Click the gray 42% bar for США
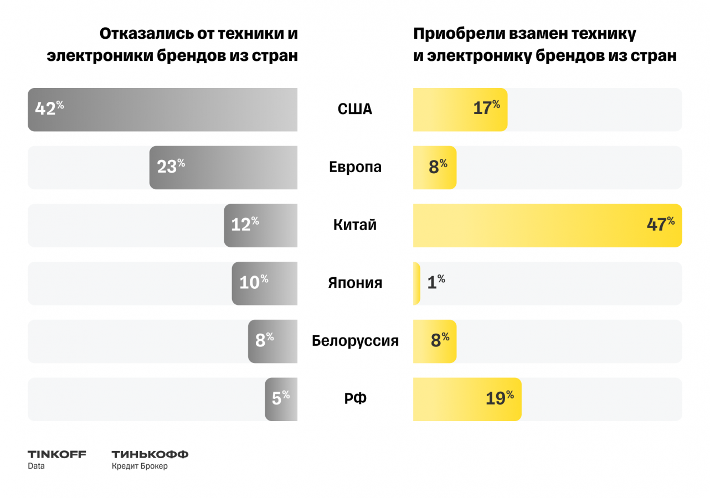pos(162,110)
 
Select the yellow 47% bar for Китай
pos(547,225)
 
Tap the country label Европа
pos(355,167)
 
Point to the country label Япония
pos(355,283)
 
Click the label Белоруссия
pos(355,341)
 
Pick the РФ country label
pos(355,399)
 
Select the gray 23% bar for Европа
pos(223,168)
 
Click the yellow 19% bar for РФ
pos(467,399)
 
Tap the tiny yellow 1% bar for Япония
pos(416,283)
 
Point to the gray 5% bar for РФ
pos(281,399)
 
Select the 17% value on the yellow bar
pos(486,108)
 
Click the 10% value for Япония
pos(253,283)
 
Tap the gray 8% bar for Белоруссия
pos(272,341)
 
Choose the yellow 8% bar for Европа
pos(434,168)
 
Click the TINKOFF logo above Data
pos(57,454)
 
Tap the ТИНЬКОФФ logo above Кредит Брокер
pos(150,454)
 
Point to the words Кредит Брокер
pos(139,466)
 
